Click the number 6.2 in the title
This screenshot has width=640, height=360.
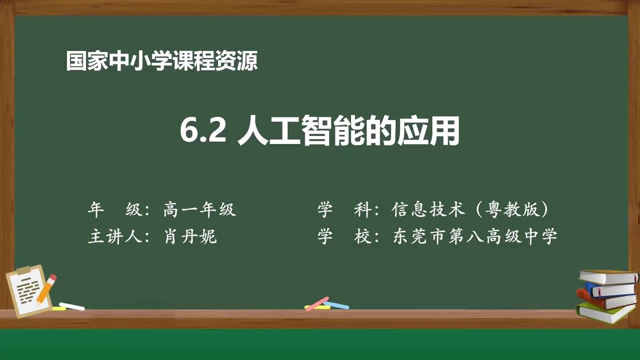tap(202, 132)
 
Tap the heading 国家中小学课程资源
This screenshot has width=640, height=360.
tap(162, 61)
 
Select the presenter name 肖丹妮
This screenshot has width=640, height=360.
tap(190, 236)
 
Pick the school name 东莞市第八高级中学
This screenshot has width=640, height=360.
tap(475, 236)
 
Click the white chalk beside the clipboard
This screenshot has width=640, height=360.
tap(72, 306)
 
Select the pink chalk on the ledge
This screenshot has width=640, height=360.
tap(317, 303)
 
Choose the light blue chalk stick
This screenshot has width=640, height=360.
tap(336, 304)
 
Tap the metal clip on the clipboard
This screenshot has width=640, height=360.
tap(23, 270)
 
